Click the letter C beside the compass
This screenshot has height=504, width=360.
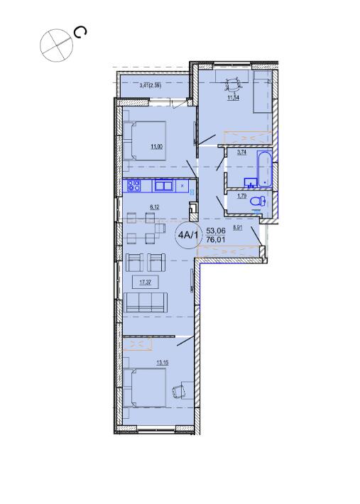click(80, 33)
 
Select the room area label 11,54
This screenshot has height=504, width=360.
click(234, 98)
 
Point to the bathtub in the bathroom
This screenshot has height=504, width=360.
click(265, 169)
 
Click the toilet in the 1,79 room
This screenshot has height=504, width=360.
click(258, 202)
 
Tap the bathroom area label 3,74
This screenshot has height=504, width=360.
click(241, 153)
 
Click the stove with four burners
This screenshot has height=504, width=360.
click(134, 185)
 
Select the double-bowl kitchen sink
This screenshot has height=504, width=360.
click(164, 185)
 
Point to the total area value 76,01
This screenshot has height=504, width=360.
click(216, 239)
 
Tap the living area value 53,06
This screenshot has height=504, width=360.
click(216, 231)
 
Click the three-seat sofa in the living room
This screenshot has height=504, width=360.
click(146, 302)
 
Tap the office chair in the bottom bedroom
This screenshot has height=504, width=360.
click(179, 391)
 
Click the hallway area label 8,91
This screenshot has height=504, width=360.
click(238, 228)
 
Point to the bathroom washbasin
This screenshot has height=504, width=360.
click(250, 182)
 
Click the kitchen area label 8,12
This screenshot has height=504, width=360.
click(154, 207)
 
